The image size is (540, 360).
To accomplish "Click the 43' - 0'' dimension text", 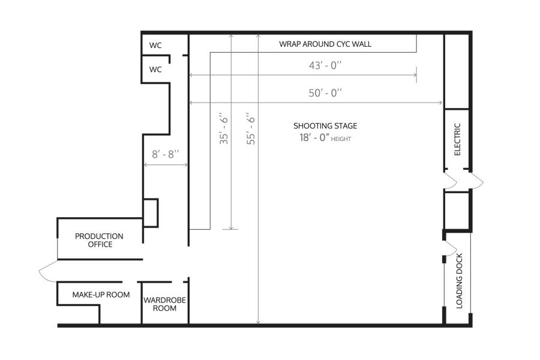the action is click(x=325, y=65).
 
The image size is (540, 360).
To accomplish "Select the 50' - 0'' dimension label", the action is click(x=325, y=93).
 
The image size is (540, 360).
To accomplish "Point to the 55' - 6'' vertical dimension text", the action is click(x=251, y=128).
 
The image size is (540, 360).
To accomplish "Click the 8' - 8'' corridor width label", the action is click(x=166, y=154).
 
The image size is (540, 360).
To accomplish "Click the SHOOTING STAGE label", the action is click(x=325, y=126).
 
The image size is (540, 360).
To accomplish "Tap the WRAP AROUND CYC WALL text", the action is click(x=325, y=44).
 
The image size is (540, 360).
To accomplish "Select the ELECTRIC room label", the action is click(x=457, y=140).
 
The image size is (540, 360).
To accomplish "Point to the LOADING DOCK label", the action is click(x=460, y=281).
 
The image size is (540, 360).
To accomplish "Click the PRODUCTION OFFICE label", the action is click(x=99, y=240).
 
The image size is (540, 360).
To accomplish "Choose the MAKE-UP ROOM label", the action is click(x=101, y=295).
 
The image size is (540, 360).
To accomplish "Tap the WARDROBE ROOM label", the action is click(x=164, y=304).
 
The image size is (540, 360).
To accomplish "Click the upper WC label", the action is click(x=155, y=46).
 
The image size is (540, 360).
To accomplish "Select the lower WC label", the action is click(x=155, y=70).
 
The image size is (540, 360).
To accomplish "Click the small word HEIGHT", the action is click(x=341, y=139).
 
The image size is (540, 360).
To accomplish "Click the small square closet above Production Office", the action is click(x=151, y=213).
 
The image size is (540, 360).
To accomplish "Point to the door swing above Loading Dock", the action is click(x=450, y=249).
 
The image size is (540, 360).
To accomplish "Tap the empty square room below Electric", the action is click(x=457, y=210).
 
